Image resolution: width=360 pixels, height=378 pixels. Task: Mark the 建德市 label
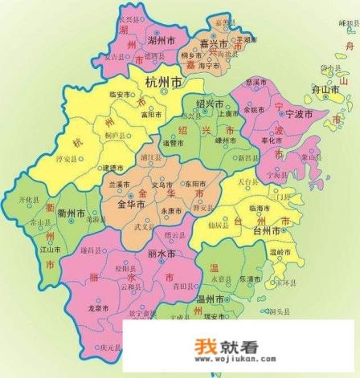[x=112, y=168]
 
